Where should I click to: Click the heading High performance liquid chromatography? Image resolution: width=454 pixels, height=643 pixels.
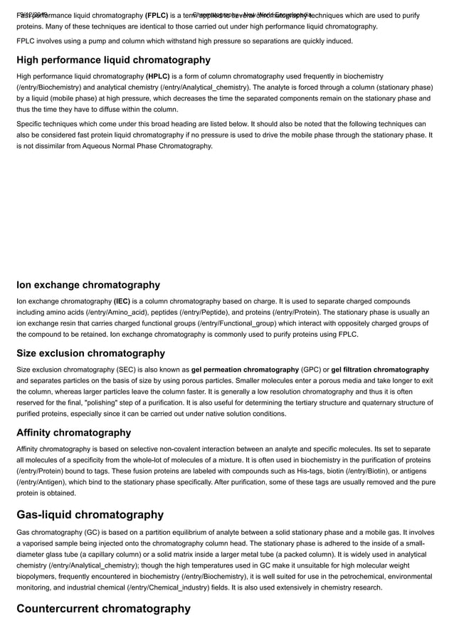(113, 60)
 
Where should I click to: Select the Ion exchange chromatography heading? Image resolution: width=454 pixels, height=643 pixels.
(88, 285)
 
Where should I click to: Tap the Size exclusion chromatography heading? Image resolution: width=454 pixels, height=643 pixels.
(90, 353)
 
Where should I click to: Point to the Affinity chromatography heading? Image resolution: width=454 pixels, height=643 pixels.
(74, 432)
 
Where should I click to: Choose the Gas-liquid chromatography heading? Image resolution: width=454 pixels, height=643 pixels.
(90, 514)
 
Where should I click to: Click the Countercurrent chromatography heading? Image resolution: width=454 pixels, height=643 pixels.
(103, 608)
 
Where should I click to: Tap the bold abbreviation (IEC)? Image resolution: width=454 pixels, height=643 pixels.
(125, 300)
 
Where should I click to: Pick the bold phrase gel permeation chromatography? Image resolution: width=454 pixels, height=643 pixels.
(245, 370)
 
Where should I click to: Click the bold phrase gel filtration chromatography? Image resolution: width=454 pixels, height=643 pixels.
(380, 370)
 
